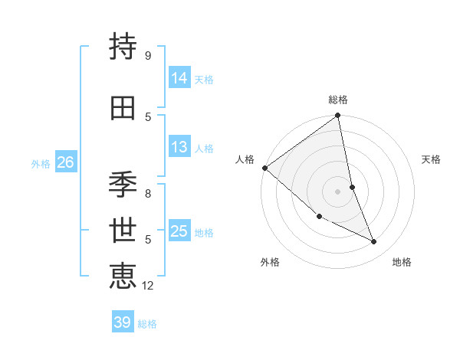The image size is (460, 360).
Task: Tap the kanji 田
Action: pyautogui.click(x=123, y=108)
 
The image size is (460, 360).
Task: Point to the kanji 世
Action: pyautogui.click(x=123, y=231)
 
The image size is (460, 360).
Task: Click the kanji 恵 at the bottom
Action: pyautogui.click(x=123, y=275)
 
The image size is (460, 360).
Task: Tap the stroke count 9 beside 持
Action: pyautogui.click(x=147, y=56)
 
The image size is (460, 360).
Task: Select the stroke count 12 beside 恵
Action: pyautogui.click(x=148, y=286)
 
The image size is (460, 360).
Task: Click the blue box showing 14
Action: pyautogui.click(x=179, y=78)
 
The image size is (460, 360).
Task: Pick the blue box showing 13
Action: pyautogui.click(x=179, y=147)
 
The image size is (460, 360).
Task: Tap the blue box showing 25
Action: pyautogui.click(x=179, y=231)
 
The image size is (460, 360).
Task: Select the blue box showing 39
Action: pyautogui.click(x=122, y=322)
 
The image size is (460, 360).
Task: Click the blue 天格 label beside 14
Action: pyautogui.click(x=204, y=80)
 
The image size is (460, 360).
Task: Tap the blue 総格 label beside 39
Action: pyautogui.click(x=147, y=324)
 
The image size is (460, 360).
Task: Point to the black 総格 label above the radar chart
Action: pyautogui.click(x=338, y=100)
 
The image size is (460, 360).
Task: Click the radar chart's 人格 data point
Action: pyautogui.click(x=264, y=168)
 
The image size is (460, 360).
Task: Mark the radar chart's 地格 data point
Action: pyautogui.click(x=374, y=242)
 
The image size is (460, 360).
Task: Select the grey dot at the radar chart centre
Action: pyautogui.click(x=337, y=191)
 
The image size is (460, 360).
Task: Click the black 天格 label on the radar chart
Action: pyautogui.click(x=432, y=159)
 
